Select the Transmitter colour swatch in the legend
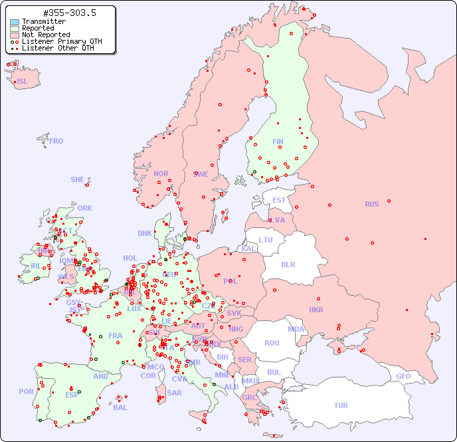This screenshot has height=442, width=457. point(15,21)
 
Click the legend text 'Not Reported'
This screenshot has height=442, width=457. point(45,35)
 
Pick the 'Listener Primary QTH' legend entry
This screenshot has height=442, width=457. point(62,41)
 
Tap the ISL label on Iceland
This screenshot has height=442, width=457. point(22,81)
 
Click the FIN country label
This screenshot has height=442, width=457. point(278,142)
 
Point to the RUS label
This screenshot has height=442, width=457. point(371,204)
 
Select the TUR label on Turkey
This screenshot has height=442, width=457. point(341,405)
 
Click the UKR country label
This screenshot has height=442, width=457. point(316,310)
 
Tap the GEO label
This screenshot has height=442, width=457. point(403,376)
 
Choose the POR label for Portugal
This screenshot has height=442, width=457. point(26,391)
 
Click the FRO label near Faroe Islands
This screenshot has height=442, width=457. point(56,141)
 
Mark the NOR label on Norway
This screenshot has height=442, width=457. point(161,173)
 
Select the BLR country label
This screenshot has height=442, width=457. point(288,264)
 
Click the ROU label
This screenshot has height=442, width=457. point(272,343)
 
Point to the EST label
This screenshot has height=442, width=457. point(279,200)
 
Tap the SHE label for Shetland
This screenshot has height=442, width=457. point(77,179)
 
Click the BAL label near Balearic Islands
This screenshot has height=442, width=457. point(120,407)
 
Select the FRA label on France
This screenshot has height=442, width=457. point(116,336)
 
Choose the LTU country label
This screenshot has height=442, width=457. point(266,240)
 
